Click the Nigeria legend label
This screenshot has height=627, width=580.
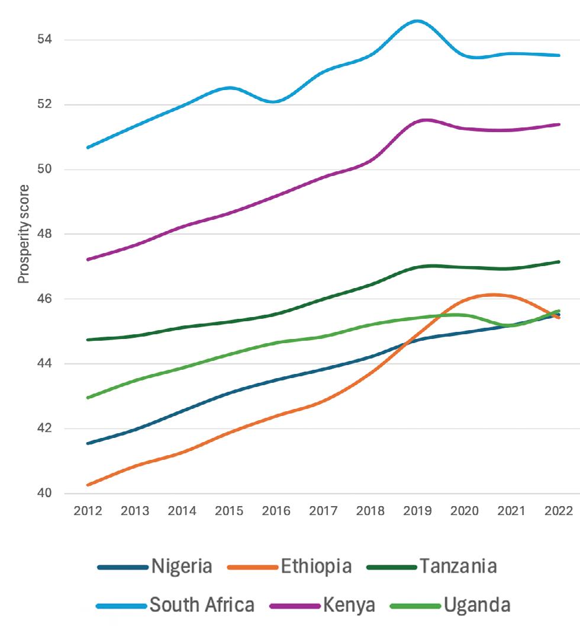tap(181, 567)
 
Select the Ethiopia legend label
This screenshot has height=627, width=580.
tap(316, 567)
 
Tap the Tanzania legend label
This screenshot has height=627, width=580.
tap(458, 567)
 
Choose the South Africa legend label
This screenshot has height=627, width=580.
tap(202, 605)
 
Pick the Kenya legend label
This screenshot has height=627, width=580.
tap(349, 605)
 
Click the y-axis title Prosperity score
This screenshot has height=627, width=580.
tap(23, 235)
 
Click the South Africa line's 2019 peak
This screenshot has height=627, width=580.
tap(417, 21)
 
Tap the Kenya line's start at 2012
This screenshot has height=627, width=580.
tap(88, 260)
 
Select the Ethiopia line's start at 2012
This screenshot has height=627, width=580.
tap(88, 485)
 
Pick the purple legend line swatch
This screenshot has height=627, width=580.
tap(295, 606)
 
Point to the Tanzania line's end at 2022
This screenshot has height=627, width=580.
tap(559, 261)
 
